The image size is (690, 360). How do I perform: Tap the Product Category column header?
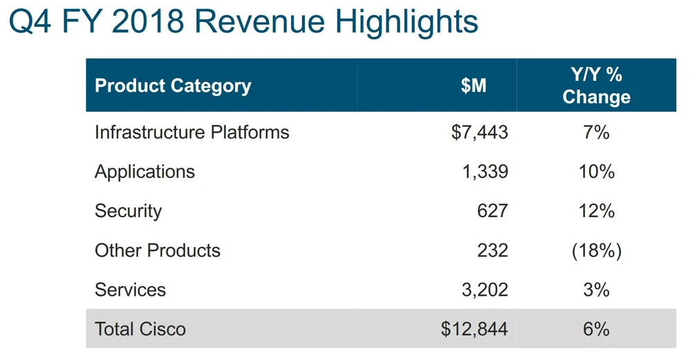coord(172,86)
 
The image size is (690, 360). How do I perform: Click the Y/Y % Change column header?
coord(596,86)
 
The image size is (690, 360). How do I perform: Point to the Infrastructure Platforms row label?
coord(192,132)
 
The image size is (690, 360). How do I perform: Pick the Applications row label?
coord(145,171)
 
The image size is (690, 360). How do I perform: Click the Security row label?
coord(128,210)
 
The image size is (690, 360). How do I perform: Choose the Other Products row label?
coord(157,250)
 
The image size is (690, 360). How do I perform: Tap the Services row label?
coord(130,289)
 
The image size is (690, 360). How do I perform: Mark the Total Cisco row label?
coord(140,328)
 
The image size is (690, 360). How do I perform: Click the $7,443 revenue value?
coord(480,132)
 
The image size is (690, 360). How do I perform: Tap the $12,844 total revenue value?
coord(475,328)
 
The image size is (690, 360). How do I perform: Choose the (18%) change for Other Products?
coord(596,250)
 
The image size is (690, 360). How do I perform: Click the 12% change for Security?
coord(596,210)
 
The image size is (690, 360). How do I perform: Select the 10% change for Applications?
coord(596,171)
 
